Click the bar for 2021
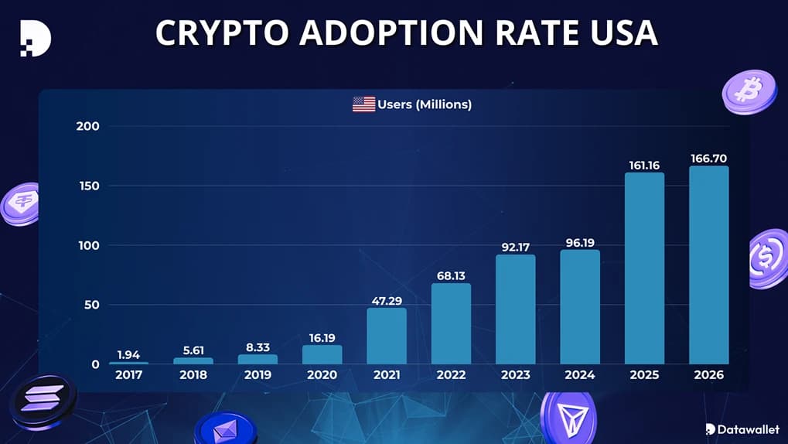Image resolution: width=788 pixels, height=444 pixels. (x=386, y=336)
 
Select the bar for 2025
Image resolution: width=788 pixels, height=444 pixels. (x=644, y=268)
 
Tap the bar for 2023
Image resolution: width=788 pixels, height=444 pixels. (x=515, y=309)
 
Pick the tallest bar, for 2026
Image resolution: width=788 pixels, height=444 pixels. (x=709, y=265)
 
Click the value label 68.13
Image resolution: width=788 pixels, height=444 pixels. (x=451, y=275)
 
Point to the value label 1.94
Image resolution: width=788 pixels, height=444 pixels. (x=128, y=354)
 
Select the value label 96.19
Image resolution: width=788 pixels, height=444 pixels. (x=580, y=242)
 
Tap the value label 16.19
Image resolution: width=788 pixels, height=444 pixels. (x=322, y=337)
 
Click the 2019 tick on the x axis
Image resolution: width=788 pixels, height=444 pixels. (x=258, y=375)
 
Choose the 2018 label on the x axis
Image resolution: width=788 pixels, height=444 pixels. (x=193, y=375)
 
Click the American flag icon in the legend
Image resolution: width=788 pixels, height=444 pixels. (x=363, y=104)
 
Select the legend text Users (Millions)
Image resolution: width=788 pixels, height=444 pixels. (x=424, y=104)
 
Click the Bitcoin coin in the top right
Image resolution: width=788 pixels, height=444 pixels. (x=748, y=91)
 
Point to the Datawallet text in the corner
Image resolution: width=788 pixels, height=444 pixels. (x=745, y=429)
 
